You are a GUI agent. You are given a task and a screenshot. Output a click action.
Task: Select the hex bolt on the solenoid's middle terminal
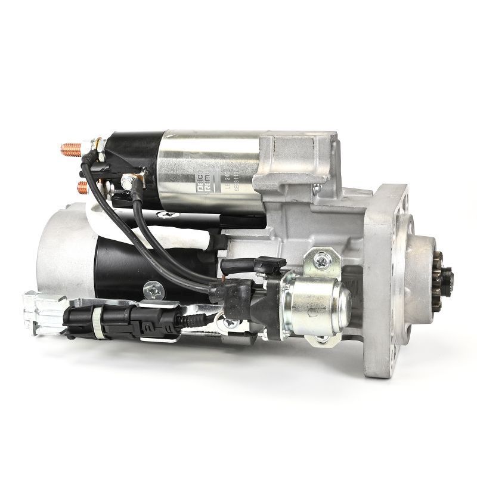click(x=126, y=179)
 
